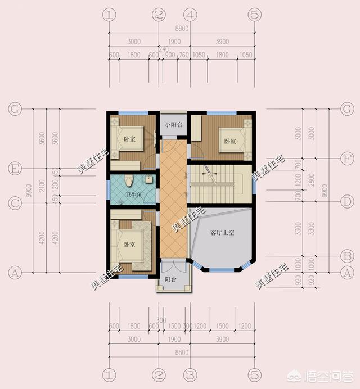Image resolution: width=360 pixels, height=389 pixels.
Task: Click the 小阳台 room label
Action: click(x=173, y=125)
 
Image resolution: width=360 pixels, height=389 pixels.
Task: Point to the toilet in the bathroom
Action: click(x=129, y=182)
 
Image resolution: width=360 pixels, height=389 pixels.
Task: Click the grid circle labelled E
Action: click(x=15, y=168)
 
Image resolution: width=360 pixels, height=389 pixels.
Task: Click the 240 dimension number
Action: click(x=164, y=49)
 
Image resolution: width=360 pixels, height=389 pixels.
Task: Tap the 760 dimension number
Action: click(x=183, y=56)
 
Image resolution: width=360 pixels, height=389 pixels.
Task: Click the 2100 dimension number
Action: click(x=37, y=186)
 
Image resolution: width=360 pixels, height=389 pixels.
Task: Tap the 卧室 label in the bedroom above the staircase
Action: click(x=229, y=141)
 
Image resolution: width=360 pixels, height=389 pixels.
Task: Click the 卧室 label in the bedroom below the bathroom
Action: click(x=129, y=245)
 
